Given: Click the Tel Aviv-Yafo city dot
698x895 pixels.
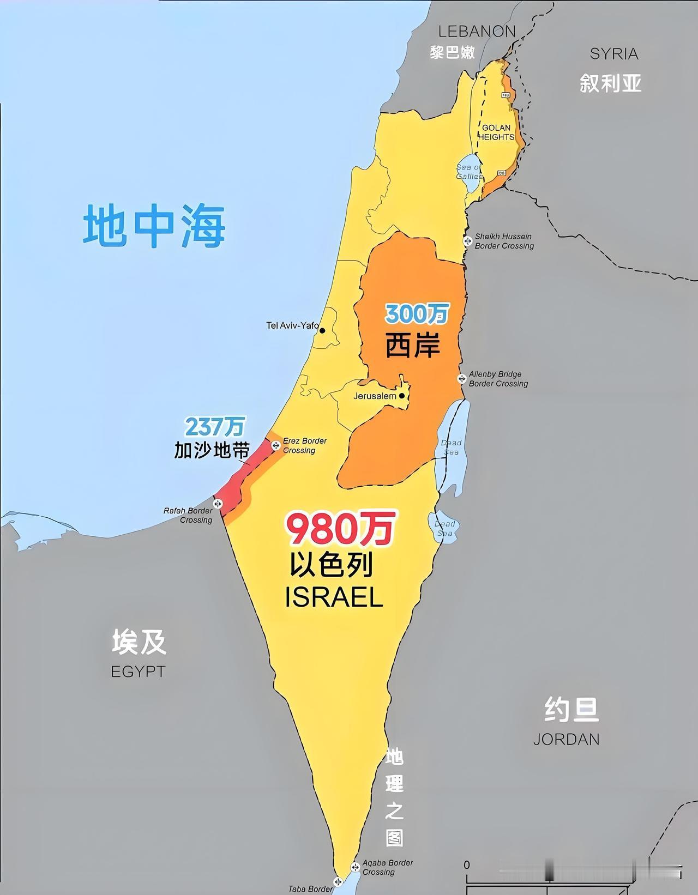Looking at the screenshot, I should (322, 330).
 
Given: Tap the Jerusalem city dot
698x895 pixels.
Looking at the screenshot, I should (402, 396).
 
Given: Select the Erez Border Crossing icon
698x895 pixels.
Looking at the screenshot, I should (276, 445).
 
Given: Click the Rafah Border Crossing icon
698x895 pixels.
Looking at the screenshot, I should (218, 504).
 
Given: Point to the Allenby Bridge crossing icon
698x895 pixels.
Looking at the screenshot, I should (462, 378).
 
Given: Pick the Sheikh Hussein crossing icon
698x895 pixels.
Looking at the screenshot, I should (467, 241).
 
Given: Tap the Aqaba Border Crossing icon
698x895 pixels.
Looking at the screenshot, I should (355, 866).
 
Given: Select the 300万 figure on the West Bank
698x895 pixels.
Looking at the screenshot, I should (417, 314).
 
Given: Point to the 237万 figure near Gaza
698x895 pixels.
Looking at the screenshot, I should (215, 427).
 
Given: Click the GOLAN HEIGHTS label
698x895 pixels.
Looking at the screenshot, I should (496, 132).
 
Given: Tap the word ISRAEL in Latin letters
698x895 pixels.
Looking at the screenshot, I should (334, 598).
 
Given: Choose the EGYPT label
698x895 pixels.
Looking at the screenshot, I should (138, 671).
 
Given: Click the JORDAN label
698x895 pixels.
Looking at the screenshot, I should (566, 739).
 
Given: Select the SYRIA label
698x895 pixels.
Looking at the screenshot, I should (614, 53).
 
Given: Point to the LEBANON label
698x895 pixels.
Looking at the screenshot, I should (477, 32).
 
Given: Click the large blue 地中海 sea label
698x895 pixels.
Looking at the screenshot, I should (154, 226).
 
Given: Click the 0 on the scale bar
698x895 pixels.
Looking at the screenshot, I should (466, 865).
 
